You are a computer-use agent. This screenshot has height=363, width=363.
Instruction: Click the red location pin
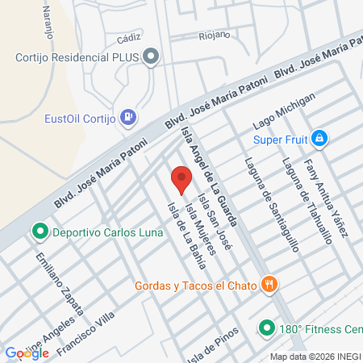tap(181, 178)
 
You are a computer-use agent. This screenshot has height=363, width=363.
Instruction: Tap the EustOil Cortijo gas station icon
tap(127, 117)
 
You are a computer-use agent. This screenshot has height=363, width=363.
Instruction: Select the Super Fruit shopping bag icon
tap(319, 139)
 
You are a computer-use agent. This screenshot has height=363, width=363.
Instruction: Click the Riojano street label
tap(215, 35)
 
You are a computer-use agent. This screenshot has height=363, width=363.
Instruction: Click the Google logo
tap(27, 353)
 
